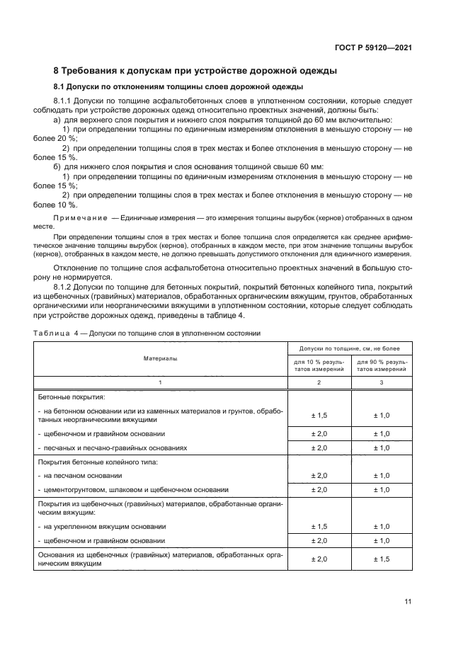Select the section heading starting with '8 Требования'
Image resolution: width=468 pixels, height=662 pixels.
pyautogui.click(x=195, y=71)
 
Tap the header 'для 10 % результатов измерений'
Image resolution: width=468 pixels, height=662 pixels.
pyautogui.click(x=318, y=366)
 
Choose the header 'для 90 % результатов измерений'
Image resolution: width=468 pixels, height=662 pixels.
pyautogui.click(x=381, y=366)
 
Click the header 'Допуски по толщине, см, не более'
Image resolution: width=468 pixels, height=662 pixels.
pyautogui.click(x=349, y=349)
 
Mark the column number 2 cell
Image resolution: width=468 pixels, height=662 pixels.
pyautogui.click(x=318, y=382)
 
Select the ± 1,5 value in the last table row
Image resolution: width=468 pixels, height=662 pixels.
pyautogui.click(x=381, y=559)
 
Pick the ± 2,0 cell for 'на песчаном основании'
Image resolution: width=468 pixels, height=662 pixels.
pyautogui.click(x=318, y=476)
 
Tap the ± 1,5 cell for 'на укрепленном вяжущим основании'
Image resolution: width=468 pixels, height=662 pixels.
pyautogui.click(x=318, y=527)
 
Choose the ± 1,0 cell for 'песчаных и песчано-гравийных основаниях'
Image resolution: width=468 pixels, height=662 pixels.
pyautogui.click(x=381, y=447)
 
